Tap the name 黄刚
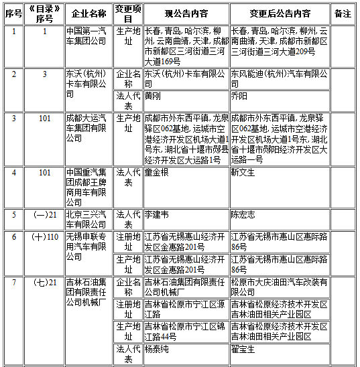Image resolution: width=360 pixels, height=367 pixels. tap(154, 96)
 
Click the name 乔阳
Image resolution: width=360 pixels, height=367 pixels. tap(239, 96)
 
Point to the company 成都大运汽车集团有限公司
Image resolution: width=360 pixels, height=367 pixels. tap(88, 123)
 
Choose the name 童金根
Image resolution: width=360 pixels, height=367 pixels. tap(157, 172)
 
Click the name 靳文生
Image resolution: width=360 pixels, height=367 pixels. tap(243, 172)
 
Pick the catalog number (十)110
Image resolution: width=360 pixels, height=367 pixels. tap(45, 236)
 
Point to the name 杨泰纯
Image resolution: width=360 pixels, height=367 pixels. tap(157, 349)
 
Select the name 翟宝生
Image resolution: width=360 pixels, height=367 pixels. tap(243, 349)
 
